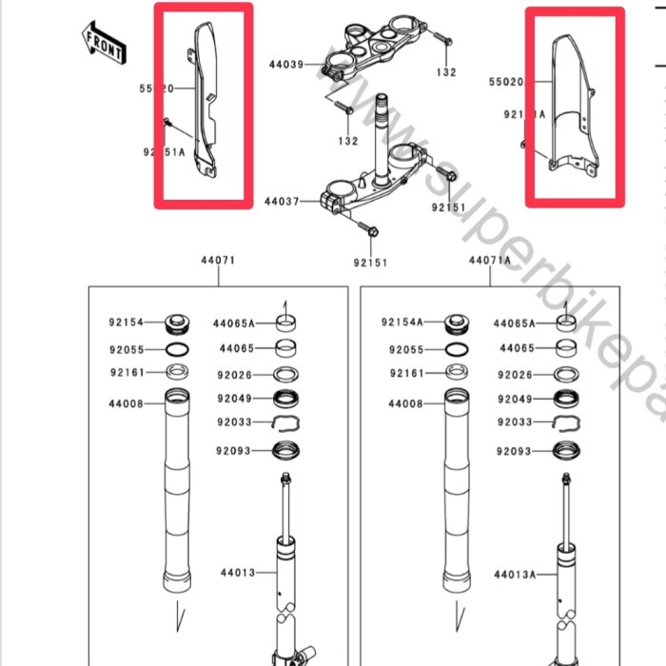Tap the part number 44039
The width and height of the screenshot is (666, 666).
(284, 66)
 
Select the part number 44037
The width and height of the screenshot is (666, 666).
(282, 202)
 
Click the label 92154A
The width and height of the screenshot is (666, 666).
(402, 323)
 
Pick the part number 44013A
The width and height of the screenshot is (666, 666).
(515, 575)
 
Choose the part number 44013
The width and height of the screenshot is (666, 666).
(237, 573)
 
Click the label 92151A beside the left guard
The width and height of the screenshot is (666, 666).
(165, 150)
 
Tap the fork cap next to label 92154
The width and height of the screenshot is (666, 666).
(177, 323)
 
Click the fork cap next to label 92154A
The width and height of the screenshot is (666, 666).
(455, 323)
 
